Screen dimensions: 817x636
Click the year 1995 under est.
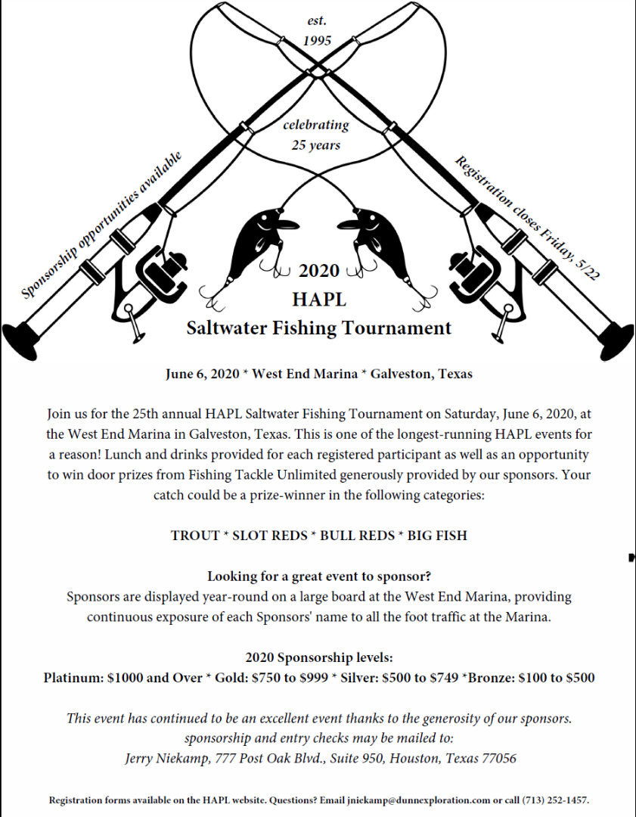coord(317,41)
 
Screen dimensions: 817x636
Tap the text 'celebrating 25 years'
coord(316,134)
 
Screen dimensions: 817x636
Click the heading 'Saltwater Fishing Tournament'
coord(319,328)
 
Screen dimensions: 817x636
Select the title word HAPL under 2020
coord(319,300)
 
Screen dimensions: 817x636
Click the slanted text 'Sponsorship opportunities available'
coord(102,224)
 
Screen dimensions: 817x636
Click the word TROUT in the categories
coord(194,536)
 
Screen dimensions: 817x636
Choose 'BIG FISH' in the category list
coord(437,536)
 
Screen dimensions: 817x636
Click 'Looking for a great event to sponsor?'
coord(318,576)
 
